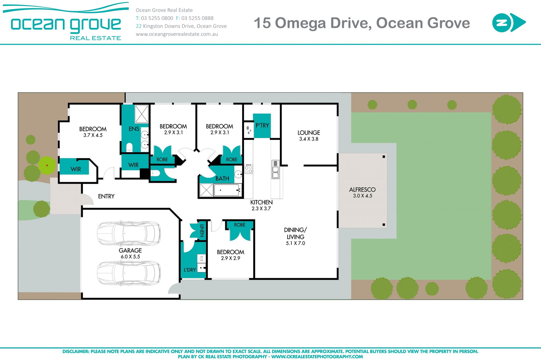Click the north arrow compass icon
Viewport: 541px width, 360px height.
509,23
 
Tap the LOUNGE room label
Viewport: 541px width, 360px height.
309,133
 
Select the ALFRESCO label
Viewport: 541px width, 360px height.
362,190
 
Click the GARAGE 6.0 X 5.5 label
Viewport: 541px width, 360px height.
130,253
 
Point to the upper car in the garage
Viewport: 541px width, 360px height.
129,233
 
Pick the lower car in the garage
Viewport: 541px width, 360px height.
129,273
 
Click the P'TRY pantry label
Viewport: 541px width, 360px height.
262,125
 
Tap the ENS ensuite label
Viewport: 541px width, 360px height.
134,129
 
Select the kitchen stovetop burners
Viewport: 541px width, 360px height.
249,169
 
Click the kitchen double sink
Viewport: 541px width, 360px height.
276,169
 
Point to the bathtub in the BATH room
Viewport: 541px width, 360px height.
228,190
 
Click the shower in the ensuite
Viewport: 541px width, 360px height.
141,114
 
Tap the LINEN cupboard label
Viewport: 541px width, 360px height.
202,230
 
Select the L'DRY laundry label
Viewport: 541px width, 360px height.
190,270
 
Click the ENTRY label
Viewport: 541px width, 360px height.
106,196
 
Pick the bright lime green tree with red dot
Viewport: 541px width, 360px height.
47,165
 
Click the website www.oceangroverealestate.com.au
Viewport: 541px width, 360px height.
177,34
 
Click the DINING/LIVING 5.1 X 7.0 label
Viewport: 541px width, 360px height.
295,236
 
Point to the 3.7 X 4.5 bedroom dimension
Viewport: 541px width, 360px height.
93,135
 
